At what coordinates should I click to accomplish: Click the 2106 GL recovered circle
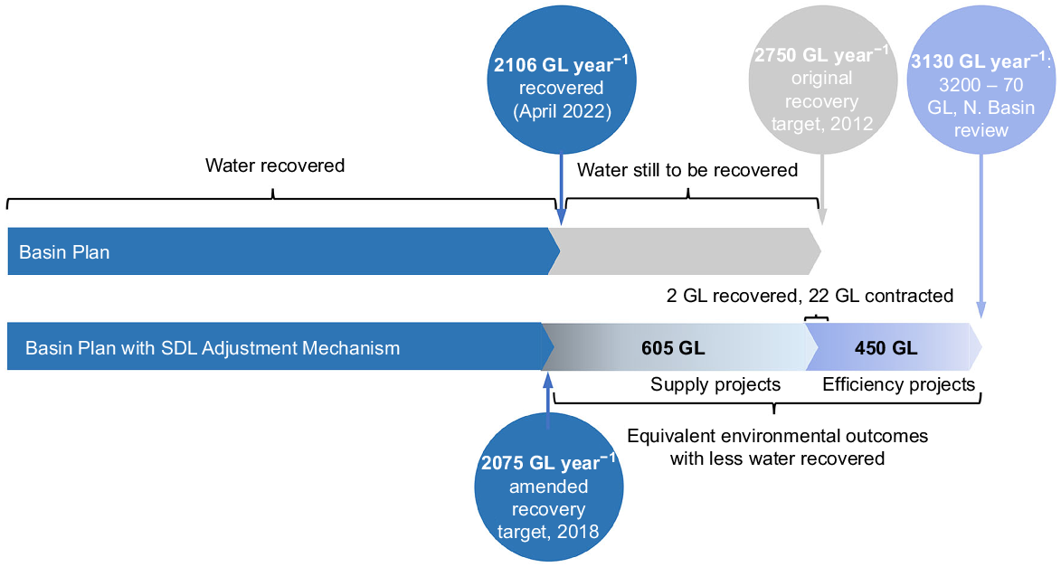562,80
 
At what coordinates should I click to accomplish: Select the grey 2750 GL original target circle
822,80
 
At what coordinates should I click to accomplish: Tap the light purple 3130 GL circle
981,80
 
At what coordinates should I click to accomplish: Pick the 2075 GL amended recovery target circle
549,487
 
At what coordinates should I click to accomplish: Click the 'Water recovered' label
275,165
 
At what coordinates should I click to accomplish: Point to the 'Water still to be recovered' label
687,170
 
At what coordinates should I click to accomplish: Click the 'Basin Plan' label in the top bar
64,252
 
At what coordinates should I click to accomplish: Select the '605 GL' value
673,348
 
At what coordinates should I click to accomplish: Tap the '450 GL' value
886,348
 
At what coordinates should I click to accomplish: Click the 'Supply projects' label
715,384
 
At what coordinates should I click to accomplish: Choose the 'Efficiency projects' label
899,384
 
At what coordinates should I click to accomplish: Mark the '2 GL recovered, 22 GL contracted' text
810,296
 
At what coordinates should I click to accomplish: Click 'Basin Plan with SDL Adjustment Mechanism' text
213,348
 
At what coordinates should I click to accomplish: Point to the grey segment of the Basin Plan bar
685,251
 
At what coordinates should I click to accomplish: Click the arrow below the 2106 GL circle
561,189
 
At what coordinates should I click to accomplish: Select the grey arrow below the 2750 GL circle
822,189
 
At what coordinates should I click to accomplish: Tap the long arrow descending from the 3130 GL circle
981,236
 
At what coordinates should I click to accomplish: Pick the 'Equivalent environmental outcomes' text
778,436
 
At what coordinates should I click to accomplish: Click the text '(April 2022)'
562,111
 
